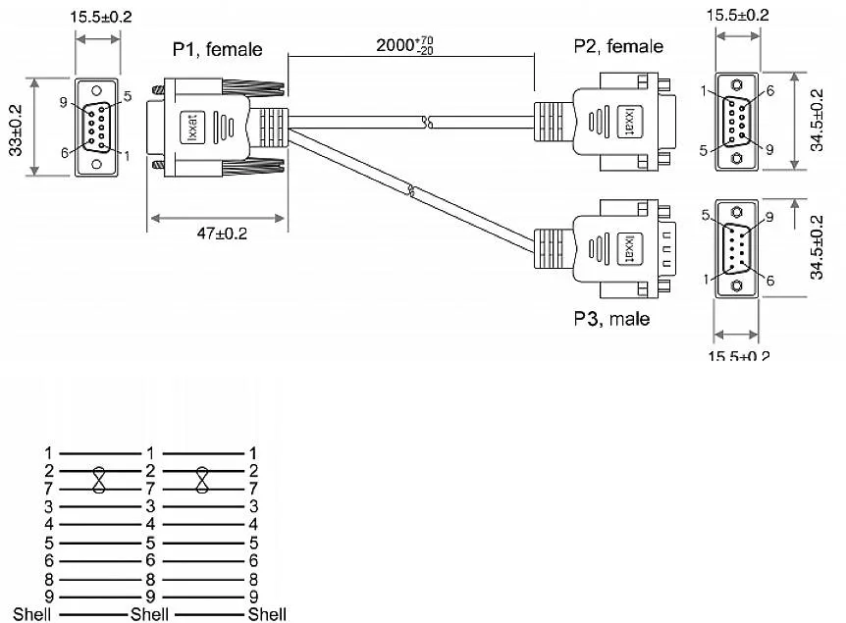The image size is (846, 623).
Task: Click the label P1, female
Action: pyautogui.click(x=218, y=49)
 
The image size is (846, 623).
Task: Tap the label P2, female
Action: pyautogui.click(x=618, y=46)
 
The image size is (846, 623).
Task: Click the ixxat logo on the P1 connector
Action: pyautogui.click(x=188, y=128)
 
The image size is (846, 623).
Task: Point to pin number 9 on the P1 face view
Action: pyautogui.click(x=62, y=102)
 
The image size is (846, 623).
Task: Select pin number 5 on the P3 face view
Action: pyautogui.click(x=706, y=216)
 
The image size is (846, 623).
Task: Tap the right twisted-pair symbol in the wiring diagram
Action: pyautogui.click(x=202, y=478)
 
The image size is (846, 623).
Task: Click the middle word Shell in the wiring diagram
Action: pyautogui.click(x=149, y=614)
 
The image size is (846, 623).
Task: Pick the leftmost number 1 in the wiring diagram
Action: pyautogui.click(x=47, y=453)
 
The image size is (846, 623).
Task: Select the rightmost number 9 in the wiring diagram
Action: pyautogui.click(x=252, y=597)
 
